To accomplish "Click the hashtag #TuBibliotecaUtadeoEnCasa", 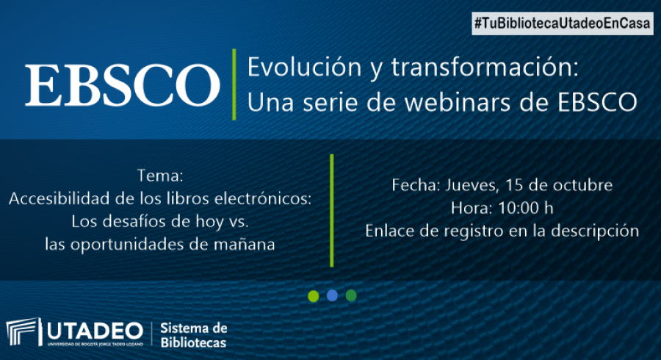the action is (563, 24).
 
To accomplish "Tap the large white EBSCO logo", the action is (122, 84).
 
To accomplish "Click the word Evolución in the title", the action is (304, 67).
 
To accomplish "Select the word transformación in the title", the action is (485, 67).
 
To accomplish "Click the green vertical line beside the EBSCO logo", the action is (234, 84).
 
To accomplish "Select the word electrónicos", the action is (263, 198).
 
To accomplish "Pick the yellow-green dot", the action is (313, 296).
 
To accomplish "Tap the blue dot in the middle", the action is (332, 295).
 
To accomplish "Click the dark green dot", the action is (351, 295).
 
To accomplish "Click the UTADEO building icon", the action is (24, 332).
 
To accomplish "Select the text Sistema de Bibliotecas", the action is (194, 335).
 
